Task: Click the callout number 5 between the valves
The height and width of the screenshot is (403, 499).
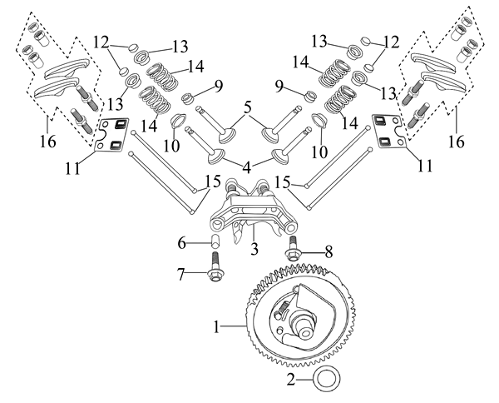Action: point(246,108)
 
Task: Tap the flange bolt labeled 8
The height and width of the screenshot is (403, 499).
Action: point(294,252)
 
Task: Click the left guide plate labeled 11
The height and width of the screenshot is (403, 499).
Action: point(111,135)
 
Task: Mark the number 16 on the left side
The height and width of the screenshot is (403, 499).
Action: point(48,142)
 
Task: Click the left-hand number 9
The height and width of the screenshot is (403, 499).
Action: point(219,85)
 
